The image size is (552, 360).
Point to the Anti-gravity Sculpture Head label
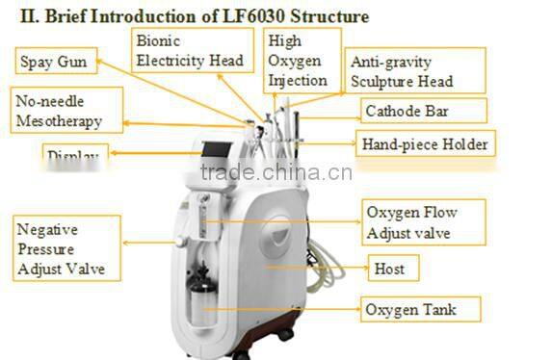(x=400, y=71)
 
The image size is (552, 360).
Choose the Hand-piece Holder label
(x=425, y=145)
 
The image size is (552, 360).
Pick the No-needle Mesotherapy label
(x=68, y=111)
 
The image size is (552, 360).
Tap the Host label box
(x=389, y=269)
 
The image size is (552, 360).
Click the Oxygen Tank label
(x=410, y=309)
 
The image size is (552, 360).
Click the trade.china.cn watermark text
(x=276, y=173)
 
